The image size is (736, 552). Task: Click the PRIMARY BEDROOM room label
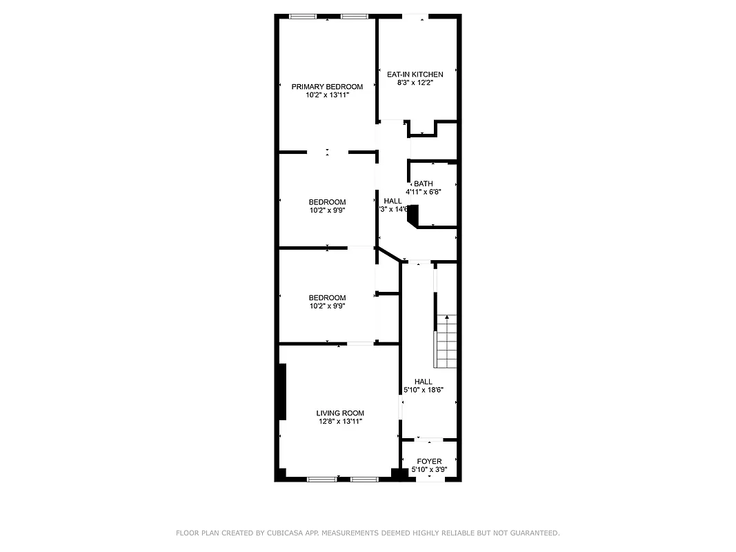pyautogui.click(x=327, y=86)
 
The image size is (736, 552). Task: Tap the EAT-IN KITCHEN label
pyautogui.click(x=415, y=74)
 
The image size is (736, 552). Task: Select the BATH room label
pyautogui.click(x=424, y=184)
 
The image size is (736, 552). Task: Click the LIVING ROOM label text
pyautogui.click(x=340, y=413)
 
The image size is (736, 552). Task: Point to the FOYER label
pyautogui.click(x=429, y=462)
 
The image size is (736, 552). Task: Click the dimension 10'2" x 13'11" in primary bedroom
pyautogui.click(x=327, y=95)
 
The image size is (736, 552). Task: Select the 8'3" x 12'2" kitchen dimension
pyautogui.click(x=415, y=83)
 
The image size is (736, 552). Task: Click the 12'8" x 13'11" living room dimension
pyautogui.click(x=340, y=422)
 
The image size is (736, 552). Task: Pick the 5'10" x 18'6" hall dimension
pyautogui.click(x=424, y=390)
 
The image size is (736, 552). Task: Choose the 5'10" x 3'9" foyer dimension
pyautogui.click(x=429, y=470)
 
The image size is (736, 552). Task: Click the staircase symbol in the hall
pyautogui.click(x=446, y=342)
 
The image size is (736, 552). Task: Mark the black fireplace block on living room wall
pyautogui.click(x=281, y=391)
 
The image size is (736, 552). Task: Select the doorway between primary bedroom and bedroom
pyautogui.click(x=328, y=152)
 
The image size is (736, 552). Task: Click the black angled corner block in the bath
pyautogui.click(x=413, y=217)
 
